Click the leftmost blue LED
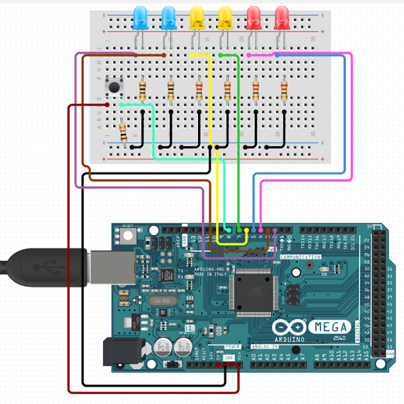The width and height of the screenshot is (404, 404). (141, 16)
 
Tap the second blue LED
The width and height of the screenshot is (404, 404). (169, 16)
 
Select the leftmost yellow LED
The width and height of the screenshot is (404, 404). (197, 16)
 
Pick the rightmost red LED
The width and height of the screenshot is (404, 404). (282, 16)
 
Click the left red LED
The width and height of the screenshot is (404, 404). (254, 16)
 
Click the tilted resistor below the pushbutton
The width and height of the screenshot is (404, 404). (123, 131)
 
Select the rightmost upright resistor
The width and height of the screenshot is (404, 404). (283, 90)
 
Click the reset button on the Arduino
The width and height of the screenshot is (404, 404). (127, 235)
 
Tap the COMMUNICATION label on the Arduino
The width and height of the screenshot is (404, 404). (302, 257)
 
